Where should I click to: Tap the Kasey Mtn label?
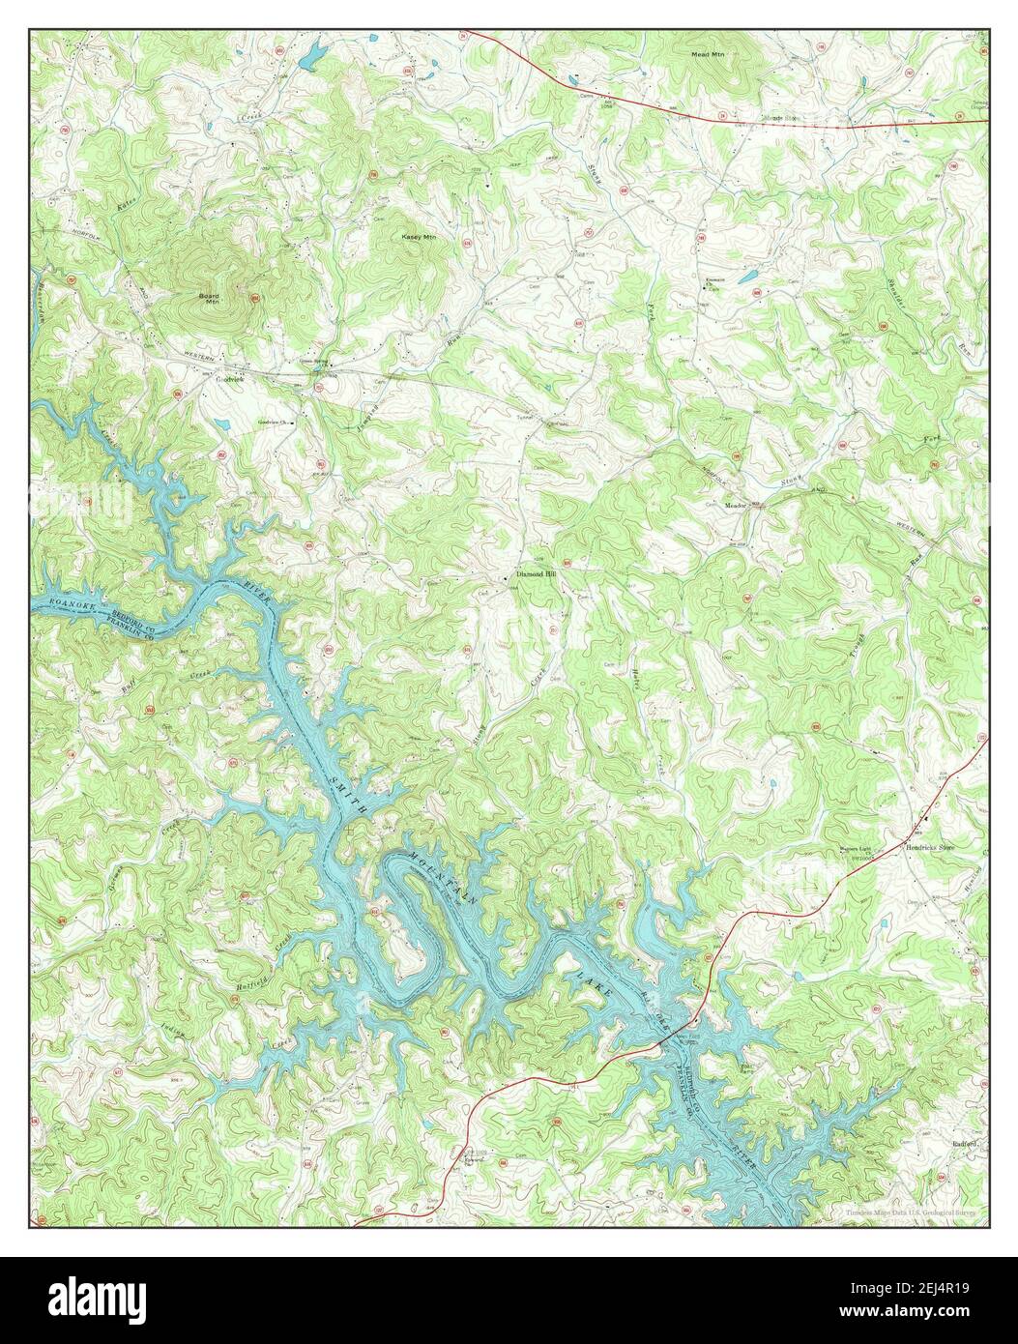(x=419, y=236)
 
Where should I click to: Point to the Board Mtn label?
(x=209, y=298)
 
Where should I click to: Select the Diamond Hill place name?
(x=538, y=573)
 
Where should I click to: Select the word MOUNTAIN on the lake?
(x=443, y=878)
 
